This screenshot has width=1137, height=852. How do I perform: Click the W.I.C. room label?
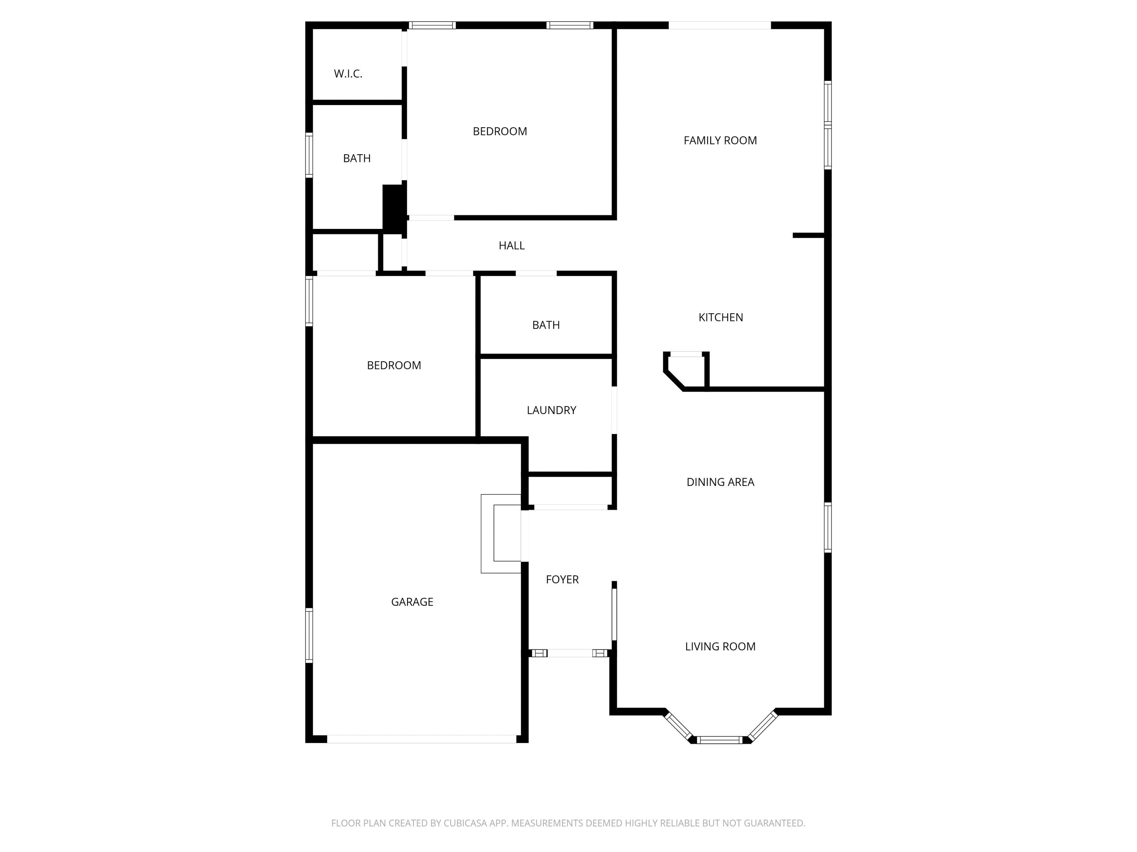click(348, 74)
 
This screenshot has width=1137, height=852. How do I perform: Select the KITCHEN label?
click(721, 317)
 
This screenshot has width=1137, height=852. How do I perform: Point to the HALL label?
click(512, 246)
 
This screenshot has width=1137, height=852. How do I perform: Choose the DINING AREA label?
click(720, 482)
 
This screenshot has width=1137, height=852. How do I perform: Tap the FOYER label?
click(562, 579)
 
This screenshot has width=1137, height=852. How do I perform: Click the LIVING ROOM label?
click(720, 646)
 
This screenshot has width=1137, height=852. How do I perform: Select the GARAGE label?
click(412, 602)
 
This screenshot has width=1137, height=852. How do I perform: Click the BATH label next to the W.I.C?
click(357, 158)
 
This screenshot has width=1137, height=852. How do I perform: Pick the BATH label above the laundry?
click(546, 325)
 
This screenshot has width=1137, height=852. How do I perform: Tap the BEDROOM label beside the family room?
click(500, 132)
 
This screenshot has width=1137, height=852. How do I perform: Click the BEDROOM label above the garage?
click(394, 365)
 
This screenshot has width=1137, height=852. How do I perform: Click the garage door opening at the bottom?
click(422, 739)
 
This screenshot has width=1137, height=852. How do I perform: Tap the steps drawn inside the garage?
click(501, 534)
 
